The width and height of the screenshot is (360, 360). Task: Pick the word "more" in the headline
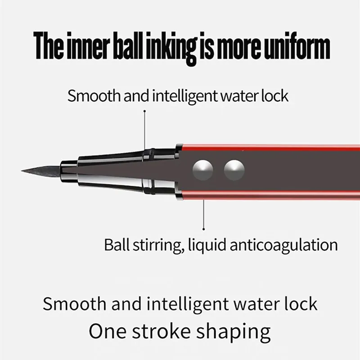238,49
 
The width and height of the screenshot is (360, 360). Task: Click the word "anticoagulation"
284,245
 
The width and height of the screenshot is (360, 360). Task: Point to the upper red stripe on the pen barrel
270,148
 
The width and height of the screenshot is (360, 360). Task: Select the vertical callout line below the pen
204,214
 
